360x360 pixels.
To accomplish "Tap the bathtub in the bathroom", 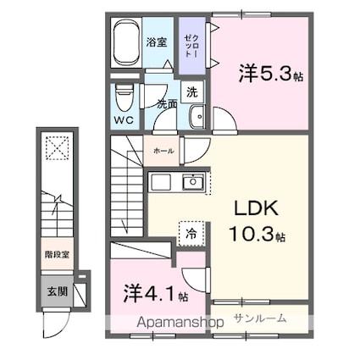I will click(x=127, y=43).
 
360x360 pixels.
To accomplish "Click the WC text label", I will click(x=124, y=119).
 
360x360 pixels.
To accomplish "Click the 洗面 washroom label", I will click(x=167, y=104).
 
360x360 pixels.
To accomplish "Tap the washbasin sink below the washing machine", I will click(x=198, y=117).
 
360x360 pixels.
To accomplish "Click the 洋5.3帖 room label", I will click(x=269, y=74).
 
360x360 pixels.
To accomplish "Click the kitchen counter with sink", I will click(x=177, y=181).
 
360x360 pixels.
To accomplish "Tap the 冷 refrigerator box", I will click(x=191, y=230).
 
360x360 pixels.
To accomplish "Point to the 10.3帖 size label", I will click(x=254, y=234).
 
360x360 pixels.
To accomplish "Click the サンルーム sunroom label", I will click(x=260, y=318).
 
